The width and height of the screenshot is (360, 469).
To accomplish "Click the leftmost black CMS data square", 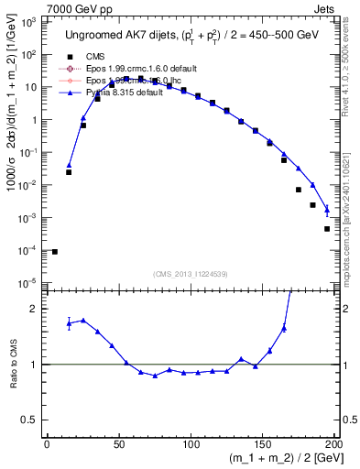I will pos(55,251).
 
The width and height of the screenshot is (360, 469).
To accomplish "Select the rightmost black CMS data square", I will pos(327,229).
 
